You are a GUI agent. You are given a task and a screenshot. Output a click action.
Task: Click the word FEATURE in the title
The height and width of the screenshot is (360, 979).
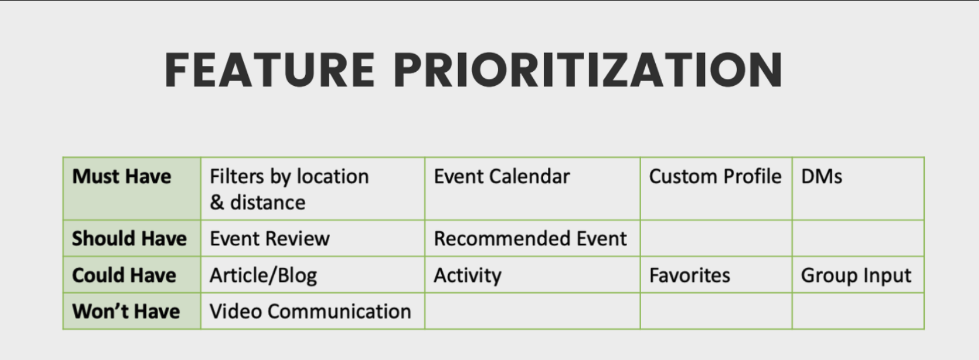(270, 70)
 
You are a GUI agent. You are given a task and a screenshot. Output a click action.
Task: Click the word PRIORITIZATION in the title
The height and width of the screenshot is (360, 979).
(588, 70)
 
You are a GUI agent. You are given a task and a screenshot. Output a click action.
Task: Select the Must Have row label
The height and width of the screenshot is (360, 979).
(121, 177)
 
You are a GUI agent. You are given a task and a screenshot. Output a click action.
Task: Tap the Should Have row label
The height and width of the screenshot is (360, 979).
(130, 239)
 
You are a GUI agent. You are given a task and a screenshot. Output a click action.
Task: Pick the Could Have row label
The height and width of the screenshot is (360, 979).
(124, 275)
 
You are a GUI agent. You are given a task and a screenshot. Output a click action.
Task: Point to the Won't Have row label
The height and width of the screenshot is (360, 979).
(126, 312)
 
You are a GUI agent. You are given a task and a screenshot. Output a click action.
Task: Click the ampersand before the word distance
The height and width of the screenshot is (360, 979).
(217, 202)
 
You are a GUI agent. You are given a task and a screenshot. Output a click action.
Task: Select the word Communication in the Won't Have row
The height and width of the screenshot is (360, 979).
(339, 312)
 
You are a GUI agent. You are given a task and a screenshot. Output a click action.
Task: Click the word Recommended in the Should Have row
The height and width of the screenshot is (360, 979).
(502, 239)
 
